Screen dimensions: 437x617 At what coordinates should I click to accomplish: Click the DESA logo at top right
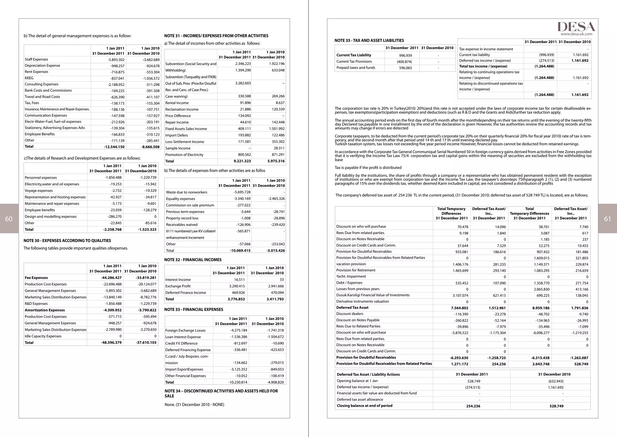pos(576,27)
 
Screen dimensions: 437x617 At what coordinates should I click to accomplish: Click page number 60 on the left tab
pos(9,219)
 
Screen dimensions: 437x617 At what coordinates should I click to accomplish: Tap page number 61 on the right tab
pos(607,219)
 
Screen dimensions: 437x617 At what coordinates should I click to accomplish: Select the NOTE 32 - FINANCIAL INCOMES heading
pos(193,260)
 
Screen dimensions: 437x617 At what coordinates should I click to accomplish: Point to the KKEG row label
pos(29,78)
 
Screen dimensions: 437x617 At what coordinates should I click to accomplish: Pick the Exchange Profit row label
pos(178,286)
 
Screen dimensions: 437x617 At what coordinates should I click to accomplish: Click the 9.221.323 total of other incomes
pos(242,161)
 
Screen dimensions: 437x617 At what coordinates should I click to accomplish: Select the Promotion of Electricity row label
pos(184,155)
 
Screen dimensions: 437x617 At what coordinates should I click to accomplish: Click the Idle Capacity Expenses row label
pos(43,336)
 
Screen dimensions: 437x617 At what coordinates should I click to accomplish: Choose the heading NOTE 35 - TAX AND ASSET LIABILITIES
pos(369,40)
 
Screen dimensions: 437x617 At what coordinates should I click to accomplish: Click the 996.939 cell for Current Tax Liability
pos(406,56)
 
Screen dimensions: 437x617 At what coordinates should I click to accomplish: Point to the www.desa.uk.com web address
pos(576,34)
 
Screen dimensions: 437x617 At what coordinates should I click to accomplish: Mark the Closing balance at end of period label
pos(365,406)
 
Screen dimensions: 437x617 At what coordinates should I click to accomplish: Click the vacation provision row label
pos(351,264)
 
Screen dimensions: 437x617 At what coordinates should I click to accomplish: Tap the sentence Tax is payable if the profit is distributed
pos(368,168)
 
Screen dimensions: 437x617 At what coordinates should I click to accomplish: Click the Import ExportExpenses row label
pos(184,369)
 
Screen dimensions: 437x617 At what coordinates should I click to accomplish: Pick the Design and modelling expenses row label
pos(51,217)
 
